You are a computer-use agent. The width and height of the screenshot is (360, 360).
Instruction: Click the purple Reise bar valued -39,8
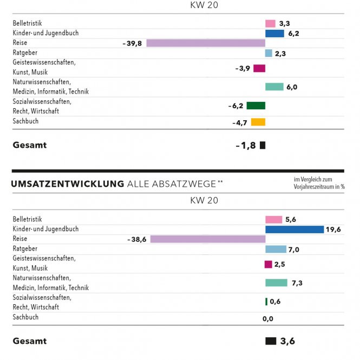tap(206, 43)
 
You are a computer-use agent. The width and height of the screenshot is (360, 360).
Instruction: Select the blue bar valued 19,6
tap(294, 230)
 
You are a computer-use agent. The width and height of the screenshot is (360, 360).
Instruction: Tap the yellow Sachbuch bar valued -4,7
tap(258, 122)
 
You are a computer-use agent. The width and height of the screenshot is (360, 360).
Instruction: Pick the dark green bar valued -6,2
tap(256, 106)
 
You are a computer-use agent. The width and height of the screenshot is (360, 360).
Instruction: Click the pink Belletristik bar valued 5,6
tap(273, 220)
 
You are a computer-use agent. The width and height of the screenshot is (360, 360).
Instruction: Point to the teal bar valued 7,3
tap(276, 283)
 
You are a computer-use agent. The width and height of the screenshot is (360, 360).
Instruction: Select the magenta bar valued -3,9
tap(259, 68)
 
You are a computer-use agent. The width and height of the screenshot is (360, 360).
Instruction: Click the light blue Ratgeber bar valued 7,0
tap(276, 249)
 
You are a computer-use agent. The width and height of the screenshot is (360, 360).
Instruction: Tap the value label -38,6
tap(137, 239)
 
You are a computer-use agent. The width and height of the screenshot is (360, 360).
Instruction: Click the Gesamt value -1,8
tap(246, 145)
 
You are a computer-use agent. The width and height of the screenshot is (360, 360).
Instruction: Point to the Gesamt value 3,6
tap(287, 342)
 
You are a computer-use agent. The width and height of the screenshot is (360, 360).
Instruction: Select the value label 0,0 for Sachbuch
tap(268, 319)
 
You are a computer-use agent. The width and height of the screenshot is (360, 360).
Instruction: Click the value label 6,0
tap(292, 87)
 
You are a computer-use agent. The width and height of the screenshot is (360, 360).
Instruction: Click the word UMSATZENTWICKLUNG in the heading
tap(67, 184)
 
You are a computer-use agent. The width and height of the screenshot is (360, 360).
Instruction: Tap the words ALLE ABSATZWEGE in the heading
tap(171, 184)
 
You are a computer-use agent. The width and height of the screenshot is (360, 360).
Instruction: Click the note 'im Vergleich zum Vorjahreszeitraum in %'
tap(319, 183)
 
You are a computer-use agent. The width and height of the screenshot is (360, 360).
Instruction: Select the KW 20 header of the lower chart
tap(204, 201)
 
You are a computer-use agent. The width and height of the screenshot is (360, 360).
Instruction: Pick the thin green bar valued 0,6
tap(266, 302)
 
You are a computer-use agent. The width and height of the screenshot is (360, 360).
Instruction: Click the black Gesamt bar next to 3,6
tap(271, 341)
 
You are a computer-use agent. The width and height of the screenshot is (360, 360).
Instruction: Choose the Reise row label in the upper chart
tap(20, 43)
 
